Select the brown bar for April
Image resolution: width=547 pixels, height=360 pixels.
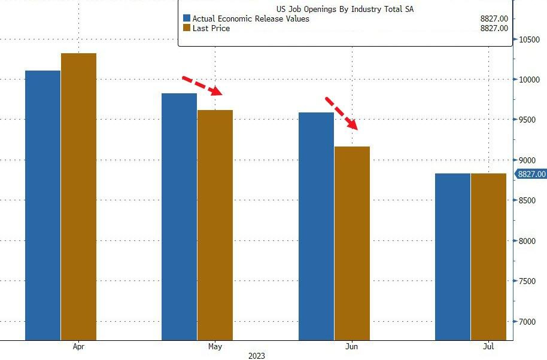click(x=78, y=197)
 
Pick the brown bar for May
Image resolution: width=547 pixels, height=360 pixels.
click(x=215, y=225)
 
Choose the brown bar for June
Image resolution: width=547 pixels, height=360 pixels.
click(x=352, y=243)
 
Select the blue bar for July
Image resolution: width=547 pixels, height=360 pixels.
click(x=452, y=257)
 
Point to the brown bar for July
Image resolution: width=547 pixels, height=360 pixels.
click(x=488, y=257)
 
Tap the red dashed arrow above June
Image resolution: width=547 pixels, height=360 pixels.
click(x=342, y=113)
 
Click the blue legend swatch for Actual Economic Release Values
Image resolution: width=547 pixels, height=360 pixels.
click(x=187, y=19)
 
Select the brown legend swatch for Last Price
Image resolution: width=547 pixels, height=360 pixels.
click(x=187, y=28)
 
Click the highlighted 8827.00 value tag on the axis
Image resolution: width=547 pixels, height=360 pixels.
click(x=531, y=174)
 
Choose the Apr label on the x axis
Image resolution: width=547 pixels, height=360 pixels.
click(x=78, y=346)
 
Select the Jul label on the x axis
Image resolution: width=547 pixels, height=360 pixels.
click(x=488, y=346)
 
